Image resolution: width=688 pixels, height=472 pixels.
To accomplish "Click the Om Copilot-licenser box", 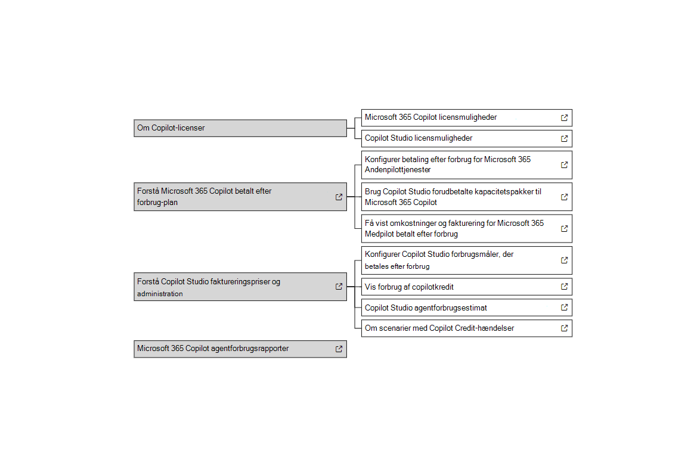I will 240,128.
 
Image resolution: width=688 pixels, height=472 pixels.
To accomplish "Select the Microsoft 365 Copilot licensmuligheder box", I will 459,117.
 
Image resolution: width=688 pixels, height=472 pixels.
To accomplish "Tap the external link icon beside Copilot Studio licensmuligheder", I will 564,138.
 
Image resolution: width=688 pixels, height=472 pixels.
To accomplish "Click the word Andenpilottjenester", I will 398,170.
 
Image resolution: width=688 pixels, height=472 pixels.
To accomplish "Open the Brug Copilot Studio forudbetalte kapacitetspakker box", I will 459,197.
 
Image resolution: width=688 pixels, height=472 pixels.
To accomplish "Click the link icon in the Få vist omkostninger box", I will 564,229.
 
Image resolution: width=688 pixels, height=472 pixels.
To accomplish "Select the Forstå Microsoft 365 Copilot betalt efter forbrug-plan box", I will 233,197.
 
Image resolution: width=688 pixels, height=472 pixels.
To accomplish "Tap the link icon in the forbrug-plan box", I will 339,197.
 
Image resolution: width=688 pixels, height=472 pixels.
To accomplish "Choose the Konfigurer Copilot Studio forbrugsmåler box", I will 459,260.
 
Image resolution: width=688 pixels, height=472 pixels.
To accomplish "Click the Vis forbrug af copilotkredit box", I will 459,287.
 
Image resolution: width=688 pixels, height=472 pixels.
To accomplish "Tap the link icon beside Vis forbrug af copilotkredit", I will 564,287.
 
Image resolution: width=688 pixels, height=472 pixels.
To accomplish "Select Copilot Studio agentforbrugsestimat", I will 426,308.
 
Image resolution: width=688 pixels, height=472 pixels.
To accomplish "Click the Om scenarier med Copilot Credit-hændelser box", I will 459,328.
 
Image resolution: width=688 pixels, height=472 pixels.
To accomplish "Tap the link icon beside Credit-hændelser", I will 564,328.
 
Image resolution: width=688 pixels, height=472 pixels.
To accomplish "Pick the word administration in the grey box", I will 160,294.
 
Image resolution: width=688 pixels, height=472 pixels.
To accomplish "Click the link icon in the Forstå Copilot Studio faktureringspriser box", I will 339,287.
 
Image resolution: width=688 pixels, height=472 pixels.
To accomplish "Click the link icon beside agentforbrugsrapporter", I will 339,349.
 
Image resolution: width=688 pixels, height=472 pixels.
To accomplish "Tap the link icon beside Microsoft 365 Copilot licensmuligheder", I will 564,118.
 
